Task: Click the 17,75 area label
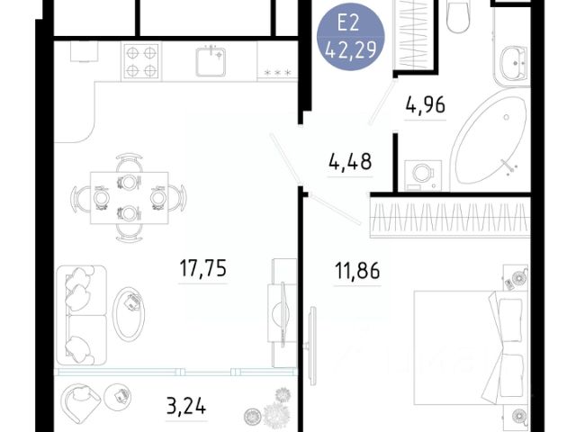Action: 203,268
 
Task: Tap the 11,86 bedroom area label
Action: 357,271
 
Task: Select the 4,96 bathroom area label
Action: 426,104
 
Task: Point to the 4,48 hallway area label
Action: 350,162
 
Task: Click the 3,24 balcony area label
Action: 186,407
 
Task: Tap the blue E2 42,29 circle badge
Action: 351,37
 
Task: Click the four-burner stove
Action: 141,61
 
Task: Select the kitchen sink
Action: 211,61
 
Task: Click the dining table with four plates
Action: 130,198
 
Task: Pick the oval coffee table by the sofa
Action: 129,313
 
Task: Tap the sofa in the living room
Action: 82,315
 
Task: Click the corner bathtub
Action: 490,145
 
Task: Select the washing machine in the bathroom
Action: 423,175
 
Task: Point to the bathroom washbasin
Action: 514,63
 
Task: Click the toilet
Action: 458,16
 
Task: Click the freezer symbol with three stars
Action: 277,73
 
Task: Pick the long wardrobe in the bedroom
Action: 450,218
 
